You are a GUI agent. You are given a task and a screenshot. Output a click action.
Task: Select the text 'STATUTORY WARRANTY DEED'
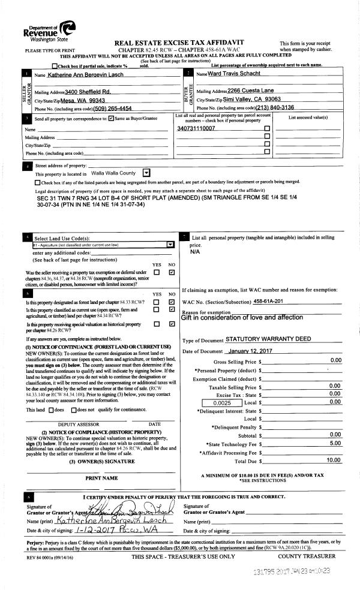click(x=268, y=339)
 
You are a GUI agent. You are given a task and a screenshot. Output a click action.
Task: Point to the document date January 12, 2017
click(x=247, y=351)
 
